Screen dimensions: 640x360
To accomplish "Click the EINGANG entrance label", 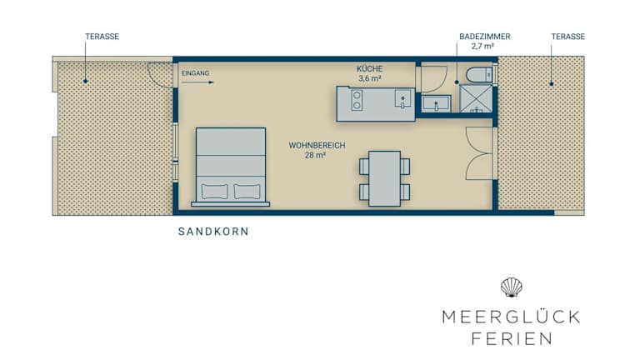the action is tap(196, 73).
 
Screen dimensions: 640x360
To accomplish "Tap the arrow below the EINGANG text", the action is tap(197, 82).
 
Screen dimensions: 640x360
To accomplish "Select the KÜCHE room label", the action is tap(370, 68).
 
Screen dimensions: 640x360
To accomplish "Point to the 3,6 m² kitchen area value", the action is tap(370, 78).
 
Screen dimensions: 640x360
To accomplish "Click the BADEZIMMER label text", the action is tap(485, 37).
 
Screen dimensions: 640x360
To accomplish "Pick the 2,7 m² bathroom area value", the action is tap(482, 46).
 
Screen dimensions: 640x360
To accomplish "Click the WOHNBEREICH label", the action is tap(317, 145).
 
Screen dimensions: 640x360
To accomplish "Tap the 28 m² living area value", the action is tap(315, 155).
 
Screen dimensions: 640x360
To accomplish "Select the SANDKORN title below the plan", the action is tap(213, 232).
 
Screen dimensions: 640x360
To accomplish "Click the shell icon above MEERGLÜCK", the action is tap(512, 287).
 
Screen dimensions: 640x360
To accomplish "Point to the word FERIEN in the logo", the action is tap(512, 339).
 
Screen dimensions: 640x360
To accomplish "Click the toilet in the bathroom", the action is tap(480, 75).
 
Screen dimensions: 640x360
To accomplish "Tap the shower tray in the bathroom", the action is tap(477, 98).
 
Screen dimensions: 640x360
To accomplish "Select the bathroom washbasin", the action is tap(437, 103).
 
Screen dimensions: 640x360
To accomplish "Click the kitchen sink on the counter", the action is tap(402, 99).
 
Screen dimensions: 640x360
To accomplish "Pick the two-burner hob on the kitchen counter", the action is tap(357, 100).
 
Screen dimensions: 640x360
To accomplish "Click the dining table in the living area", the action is tap(384, 179).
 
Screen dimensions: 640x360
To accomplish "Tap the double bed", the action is tap(231, 167).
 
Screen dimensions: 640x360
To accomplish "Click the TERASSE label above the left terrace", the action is tap(102, 37).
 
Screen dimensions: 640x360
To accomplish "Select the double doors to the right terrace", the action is tap(479, 153).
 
